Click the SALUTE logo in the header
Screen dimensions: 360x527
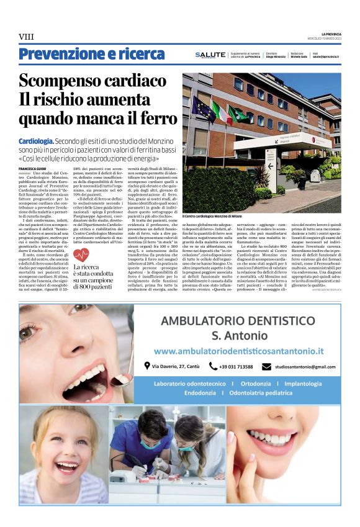coord(210,55)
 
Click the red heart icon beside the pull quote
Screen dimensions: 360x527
coord(81,255)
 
